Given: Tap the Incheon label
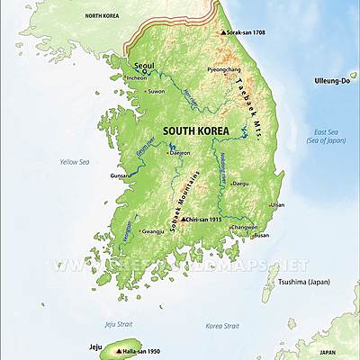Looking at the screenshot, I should (x=137, y=77).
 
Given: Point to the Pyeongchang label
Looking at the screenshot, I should (x=224, y=69).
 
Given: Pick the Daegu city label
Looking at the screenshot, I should (x=239, y=183).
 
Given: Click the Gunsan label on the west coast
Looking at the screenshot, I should (x=119, y=176).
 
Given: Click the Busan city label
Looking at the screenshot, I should (x=261, y=235).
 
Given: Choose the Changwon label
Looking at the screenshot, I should (x=244, y=227).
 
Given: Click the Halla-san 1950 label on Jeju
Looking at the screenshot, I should (x=142, y=350).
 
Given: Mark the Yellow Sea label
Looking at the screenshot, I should (x=75, y=162).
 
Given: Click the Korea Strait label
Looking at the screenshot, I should (x=222, y=325).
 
